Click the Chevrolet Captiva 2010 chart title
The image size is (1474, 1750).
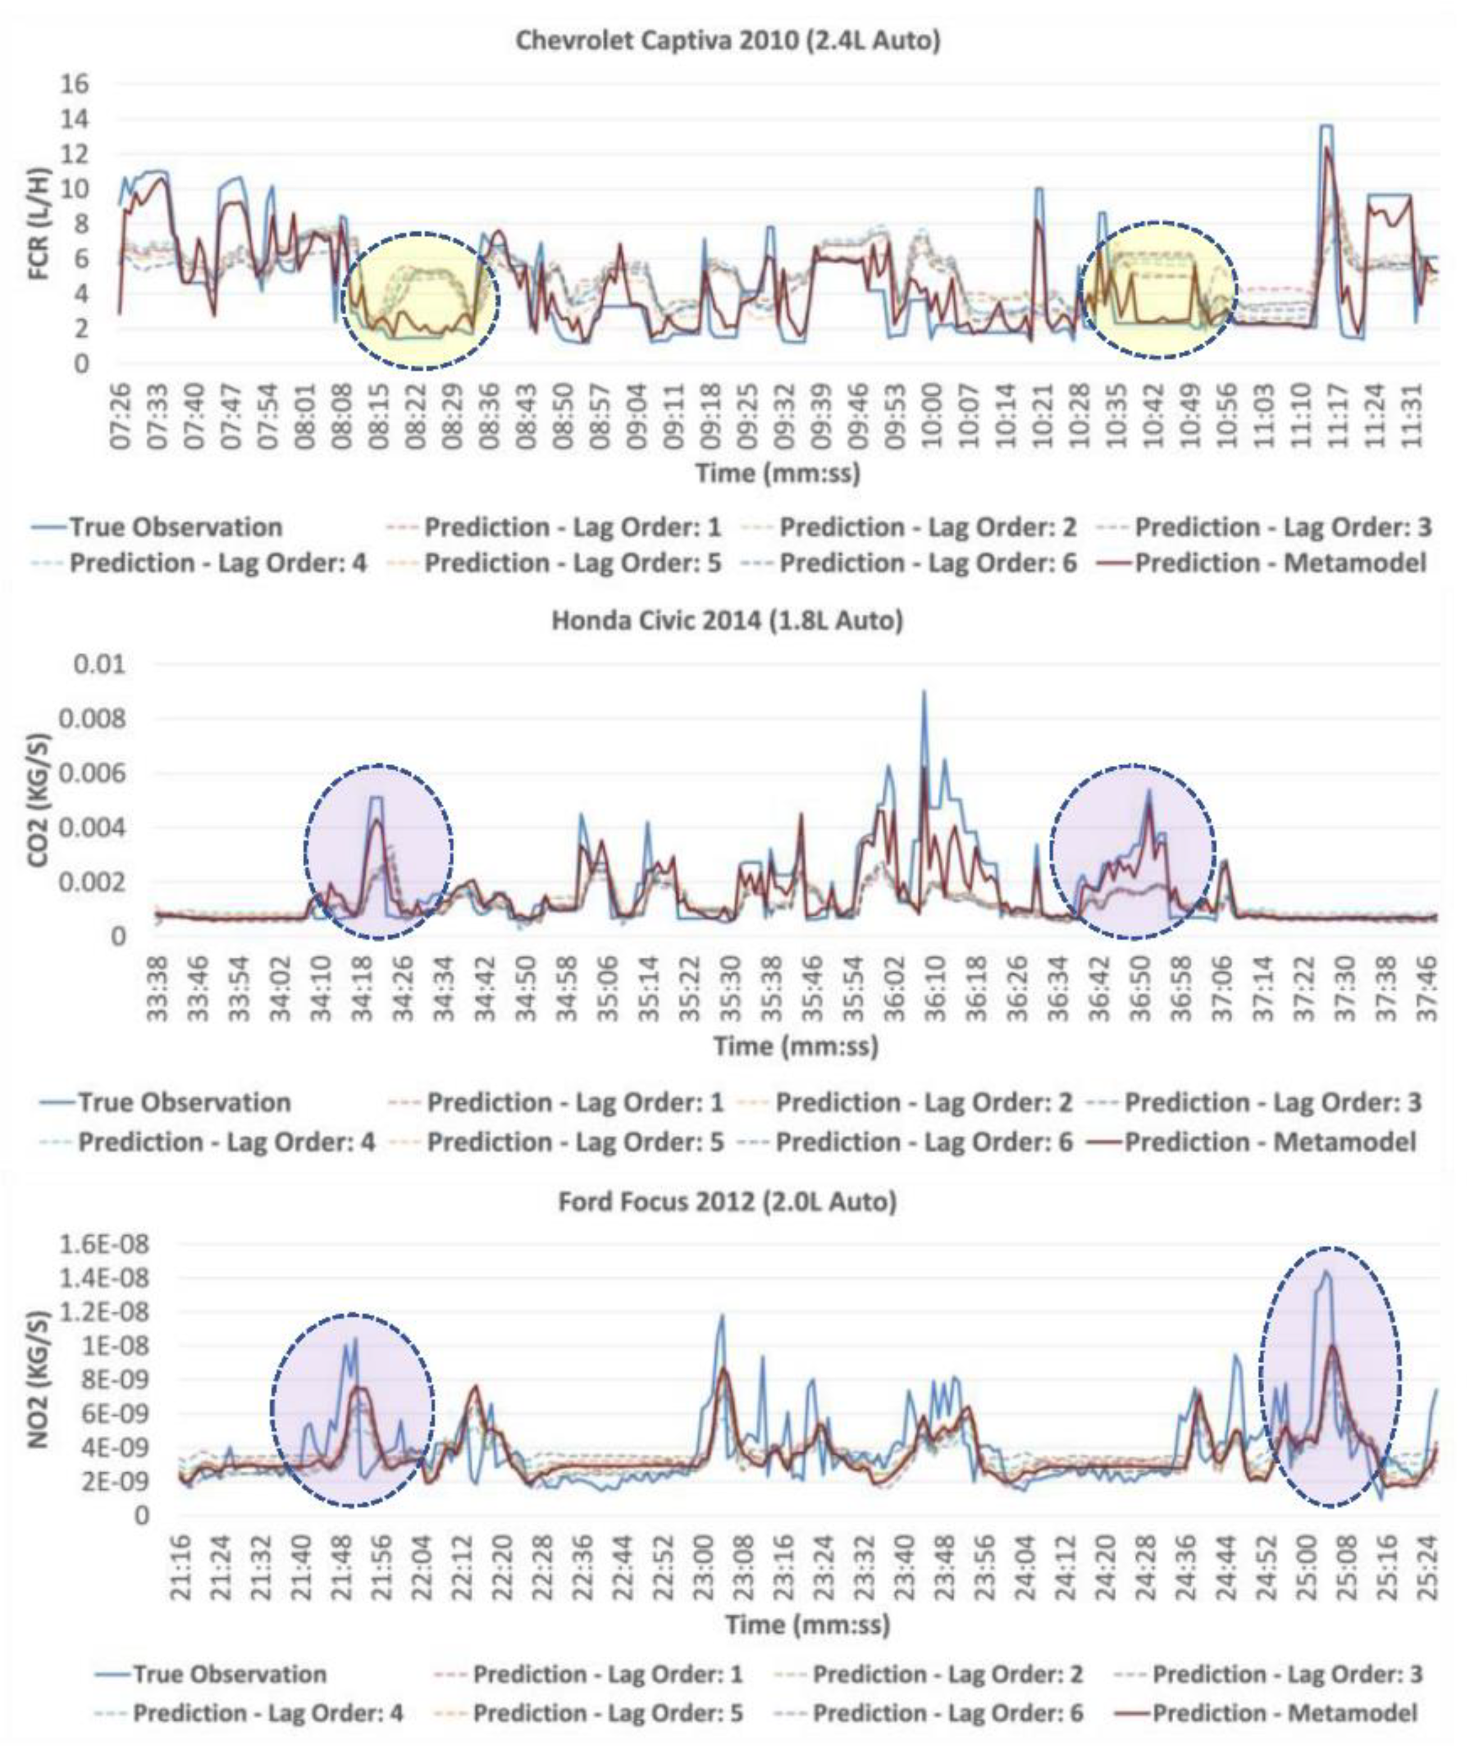coord(728,40)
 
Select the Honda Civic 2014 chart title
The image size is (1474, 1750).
coord(727,621)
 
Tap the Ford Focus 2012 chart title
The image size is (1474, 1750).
coord(727,1202)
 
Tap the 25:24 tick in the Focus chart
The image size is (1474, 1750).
coord(1430,1571)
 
